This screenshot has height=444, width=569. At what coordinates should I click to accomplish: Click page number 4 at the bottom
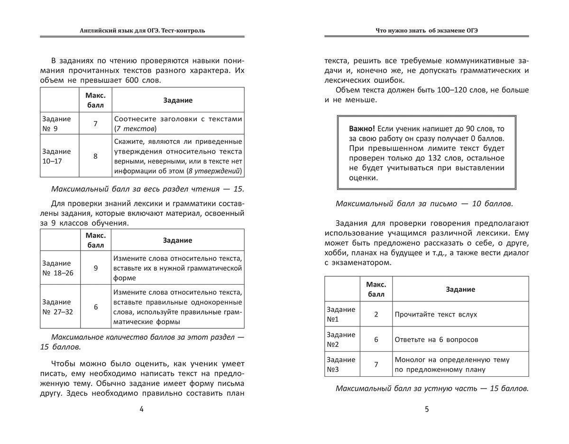141,409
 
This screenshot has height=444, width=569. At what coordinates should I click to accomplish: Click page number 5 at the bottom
427,409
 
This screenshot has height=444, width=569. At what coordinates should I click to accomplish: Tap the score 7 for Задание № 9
95,124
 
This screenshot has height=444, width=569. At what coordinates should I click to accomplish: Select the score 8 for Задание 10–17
95,156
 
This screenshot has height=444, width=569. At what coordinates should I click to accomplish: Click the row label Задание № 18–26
58,268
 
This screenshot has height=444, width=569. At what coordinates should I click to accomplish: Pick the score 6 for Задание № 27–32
95,307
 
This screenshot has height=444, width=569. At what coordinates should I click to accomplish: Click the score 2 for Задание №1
376,314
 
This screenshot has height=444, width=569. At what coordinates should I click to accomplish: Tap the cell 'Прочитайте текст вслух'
436,314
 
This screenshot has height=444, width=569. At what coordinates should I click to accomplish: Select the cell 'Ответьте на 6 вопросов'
436,339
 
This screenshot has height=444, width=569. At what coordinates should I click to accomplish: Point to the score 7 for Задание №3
376,364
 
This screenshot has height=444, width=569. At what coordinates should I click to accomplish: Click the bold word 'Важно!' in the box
362,129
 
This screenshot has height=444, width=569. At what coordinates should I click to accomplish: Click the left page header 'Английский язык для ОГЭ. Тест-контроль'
142,30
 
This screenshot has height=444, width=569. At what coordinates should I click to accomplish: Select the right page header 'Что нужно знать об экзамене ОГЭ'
426,30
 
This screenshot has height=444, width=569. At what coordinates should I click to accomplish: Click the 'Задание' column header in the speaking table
460,289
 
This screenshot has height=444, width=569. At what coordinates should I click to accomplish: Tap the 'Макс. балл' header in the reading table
95,100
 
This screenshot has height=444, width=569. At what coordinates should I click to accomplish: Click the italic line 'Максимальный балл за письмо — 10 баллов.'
424,204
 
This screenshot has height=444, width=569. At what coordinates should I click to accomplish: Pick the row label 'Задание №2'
341,339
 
